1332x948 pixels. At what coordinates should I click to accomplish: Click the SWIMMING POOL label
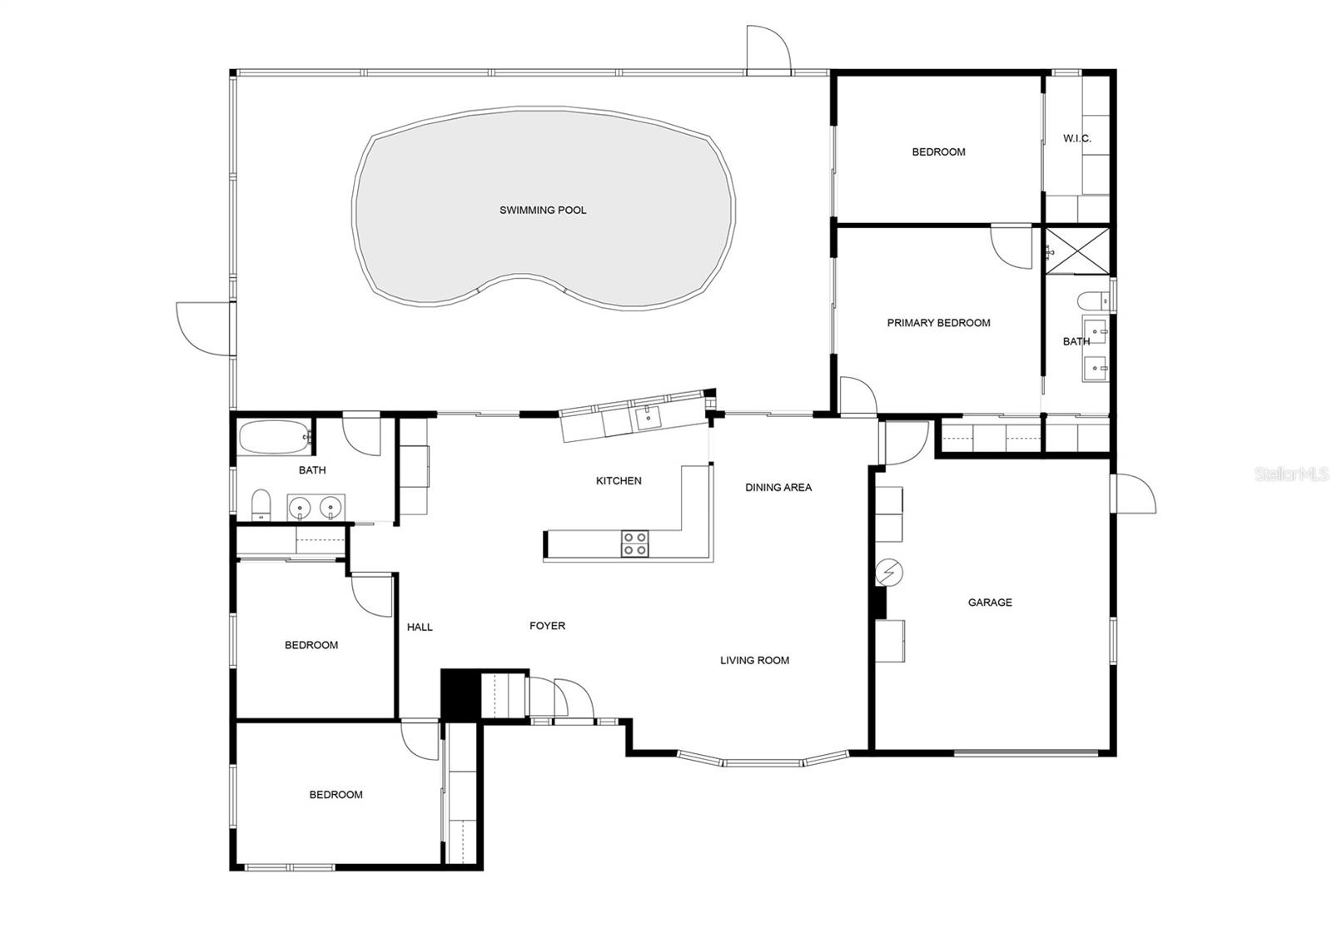pyautogui.click(x=543, y=211)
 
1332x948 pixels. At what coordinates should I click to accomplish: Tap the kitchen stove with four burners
pyautogui.click(x=634, y=544)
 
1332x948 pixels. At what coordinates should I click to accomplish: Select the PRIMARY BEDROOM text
pyautogui.click(x=938, y=323)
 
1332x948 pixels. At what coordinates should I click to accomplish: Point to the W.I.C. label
pyautogui.click(x=1076, y=139)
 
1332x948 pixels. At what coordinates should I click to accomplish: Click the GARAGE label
pyautogui.click(x=990, y=603)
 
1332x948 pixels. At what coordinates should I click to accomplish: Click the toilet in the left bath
pyautogui.click(x=261, y=504)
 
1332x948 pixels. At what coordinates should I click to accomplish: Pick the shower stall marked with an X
pyautogui.click(x=1078, y=250)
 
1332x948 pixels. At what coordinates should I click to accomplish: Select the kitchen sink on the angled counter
pyautogui.click(x=649, y=417)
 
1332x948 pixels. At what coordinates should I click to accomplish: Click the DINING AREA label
pyautogui.click(x=778, y=488)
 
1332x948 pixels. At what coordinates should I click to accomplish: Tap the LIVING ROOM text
pyautogui.click(x=754, y=661)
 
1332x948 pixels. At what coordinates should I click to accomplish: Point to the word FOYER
pyautogui.click(x=547, y=626)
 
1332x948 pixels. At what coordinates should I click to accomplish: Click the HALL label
pyautogui.click(x=420, y=628)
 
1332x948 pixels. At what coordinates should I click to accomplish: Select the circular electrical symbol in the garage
pyautogui.click(x=889, y=573)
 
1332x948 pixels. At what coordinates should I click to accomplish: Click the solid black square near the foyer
pyautogui.click(x=456, y=693)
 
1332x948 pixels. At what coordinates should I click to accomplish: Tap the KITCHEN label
pyautogui.click(x=619, y=481)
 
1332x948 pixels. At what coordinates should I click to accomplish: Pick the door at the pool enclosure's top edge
pyautogui.click(x=768, y=50)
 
